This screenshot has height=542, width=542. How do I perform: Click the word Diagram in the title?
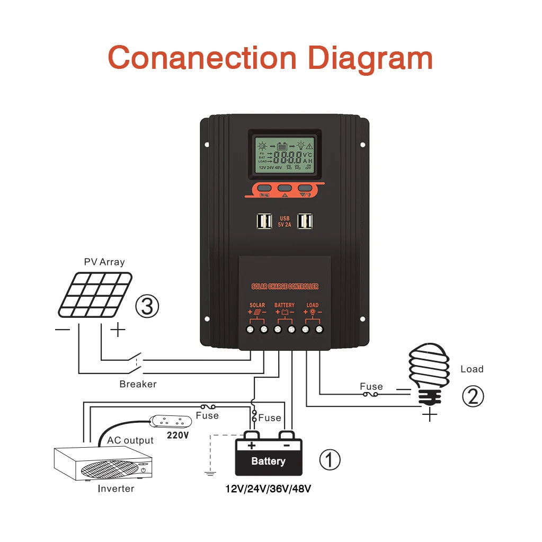coord(370,58)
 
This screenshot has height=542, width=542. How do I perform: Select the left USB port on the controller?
coord(263,221)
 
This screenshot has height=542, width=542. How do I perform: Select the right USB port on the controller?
coord(305,221)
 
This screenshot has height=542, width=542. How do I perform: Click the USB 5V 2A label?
coord(285,221)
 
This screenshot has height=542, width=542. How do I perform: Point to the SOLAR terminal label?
coord(257,305)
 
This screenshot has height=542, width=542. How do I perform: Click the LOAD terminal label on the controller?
coord(313,305)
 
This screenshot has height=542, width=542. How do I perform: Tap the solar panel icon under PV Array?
coord(94,295)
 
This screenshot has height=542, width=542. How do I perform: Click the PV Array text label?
coord(104,262)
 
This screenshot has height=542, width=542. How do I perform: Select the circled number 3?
coord(147,307)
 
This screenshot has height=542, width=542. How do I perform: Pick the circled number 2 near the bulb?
coord(473,396)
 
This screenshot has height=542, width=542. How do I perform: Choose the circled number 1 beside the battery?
coord(330,460)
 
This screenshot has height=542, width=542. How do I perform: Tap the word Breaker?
coord(138,384)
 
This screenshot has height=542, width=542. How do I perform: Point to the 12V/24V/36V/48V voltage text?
coord(268,488)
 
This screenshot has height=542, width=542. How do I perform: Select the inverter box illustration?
coord(103,463)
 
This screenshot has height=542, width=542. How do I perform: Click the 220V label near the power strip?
coord(177,435)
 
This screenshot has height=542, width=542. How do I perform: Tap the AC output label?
coord(130,440)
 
